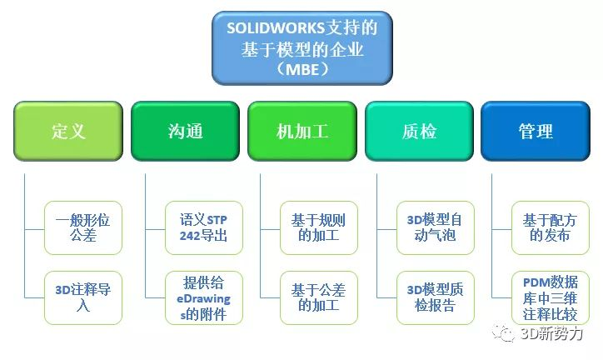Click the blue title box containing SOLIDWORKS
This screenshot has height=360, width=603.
click(x=302, y=48)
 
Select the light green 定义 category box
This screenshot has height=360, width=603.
click(x=68, y=131)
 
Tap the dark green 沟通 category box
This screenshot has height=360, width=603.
click(x=185, y=131)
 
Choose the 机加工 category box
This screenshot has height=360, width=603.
click(x=302, y=131)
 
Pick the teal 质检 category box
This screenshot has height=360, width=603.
click(x=419, y=131)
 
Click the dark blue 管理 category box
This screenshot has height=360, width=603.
click(x=536, y=131)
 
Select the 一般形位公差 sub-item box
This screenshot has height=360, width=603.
click(x=83, y=227)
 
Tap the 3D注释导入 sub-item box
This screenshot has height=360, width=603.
click(x=83, y=297)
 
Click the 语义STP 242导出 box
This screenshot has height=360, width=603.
click(x=204, y=227)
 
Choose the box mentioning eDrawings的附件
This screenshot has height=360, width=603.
click(x=204, y=297)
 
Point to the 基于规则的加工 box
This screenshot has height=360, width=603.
click(x=319, y=227)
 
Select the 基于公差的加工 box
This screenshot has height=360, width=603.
click(x=319, y=297)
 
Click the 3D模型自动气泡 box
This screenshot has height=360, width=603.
click(x=436, y=227)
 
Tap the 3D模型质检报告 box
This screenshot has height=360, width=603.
click(x=436, y=297)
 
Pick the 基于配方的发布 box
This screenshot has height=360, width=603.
click(x=551, y=227)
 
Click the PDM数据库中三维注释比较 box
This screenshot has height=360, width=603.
click(x=551, y=297)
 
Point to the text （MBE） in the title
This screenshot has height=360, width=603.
click(x=302, y=70)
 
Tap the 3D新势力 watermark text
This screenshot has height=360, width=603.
click(x=551, y=333)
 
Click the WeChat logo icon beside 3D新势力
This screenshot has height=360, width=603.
click(x=503, y=332)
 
